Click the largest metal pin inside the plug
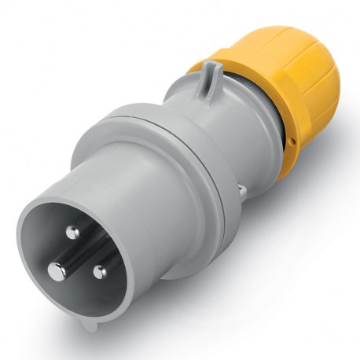(x=56, y=271)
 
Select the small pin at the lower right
(x=99, y=273)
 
